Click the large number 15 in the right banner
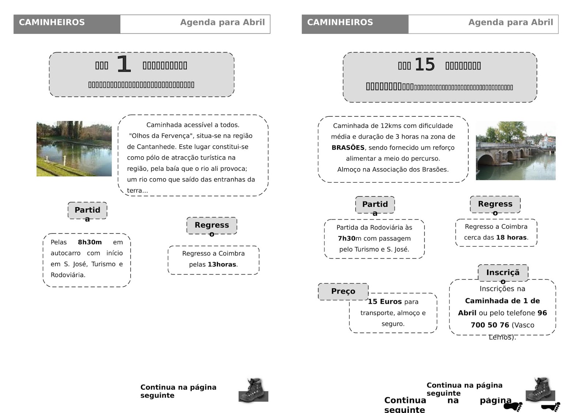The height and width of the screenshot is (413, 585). (424, 65)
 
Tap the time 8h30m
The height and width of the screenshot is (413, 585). (90, 242)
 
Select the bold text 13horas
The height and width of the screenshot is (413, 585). (222, 264)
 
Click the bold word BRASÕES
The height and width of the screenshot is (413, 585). (348, 148)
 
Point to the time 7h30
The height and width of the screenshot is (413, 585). (347, 238)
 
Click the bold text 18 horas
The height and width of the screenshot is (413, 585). (512, 237)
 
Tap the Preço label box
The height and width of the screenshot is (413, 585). (343, 291)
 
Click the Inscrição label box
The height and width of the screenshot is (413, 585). (503, 273)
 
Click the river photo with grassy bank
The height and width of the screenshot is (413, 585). (74, 149)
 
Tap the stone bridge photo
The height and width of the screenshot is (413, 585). (516, 151)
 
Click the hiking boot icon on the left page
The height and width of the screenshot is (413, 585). (253, 390)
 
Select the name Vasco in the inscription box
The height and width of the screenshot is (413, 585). (523, 325)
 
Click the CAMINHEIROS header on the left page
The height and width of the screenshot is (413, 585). (52, 22)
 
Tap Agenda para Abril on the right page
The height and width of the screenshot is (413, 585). (510, 22)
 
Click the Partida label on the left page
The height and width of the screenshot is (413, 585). (87, 211)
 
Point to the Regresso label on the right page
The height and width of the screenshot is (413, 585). (495, 204)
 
